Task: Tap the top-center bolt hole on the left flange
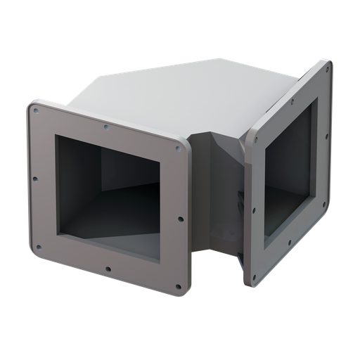(x=106, y=127)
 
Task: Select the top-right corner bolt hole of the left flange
(x=179, y=148)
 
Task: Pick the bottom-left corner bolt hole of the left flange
(x=38, y=247)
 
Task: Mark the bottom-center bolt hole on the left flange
(x=108, y=268)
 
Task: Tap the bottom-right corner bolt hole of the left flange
(x=178, y=285)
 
